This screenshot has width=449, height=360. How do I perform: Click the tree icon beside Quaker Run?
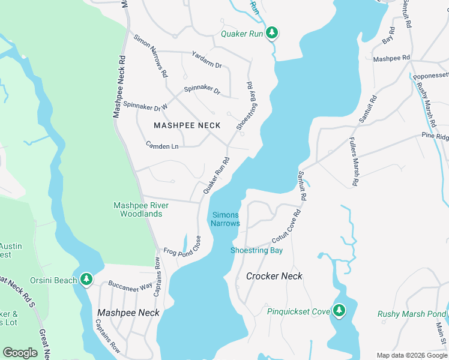(272, 32)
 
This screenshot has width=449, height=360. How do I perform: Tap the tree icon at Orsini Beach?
(86, 280)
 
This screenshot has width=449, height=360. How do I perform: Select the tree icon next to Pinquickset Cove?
(339, 310)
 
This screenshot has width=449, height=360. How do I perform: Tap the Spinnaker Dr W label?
(145, 104)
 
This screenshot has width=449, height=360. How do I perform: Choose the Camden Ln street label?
(162, 146)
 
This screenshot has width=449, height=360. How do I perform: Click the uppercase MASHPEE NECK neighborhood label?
(187, 125)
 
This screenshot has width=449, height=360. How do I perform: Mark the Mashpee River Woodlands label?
(141, 209)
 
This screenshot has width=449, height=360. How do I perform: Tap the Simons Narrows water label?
(225, 219)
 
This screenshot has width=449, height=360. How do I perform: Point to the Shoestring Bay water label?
(256, 250)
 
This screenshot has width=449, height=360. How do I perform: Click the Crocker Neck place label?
(274, 276)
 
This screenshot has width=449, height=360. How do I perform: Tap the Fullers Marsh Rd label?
(353, 161)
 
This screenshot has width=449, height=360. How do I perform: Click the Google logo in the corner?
(20, 353)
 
